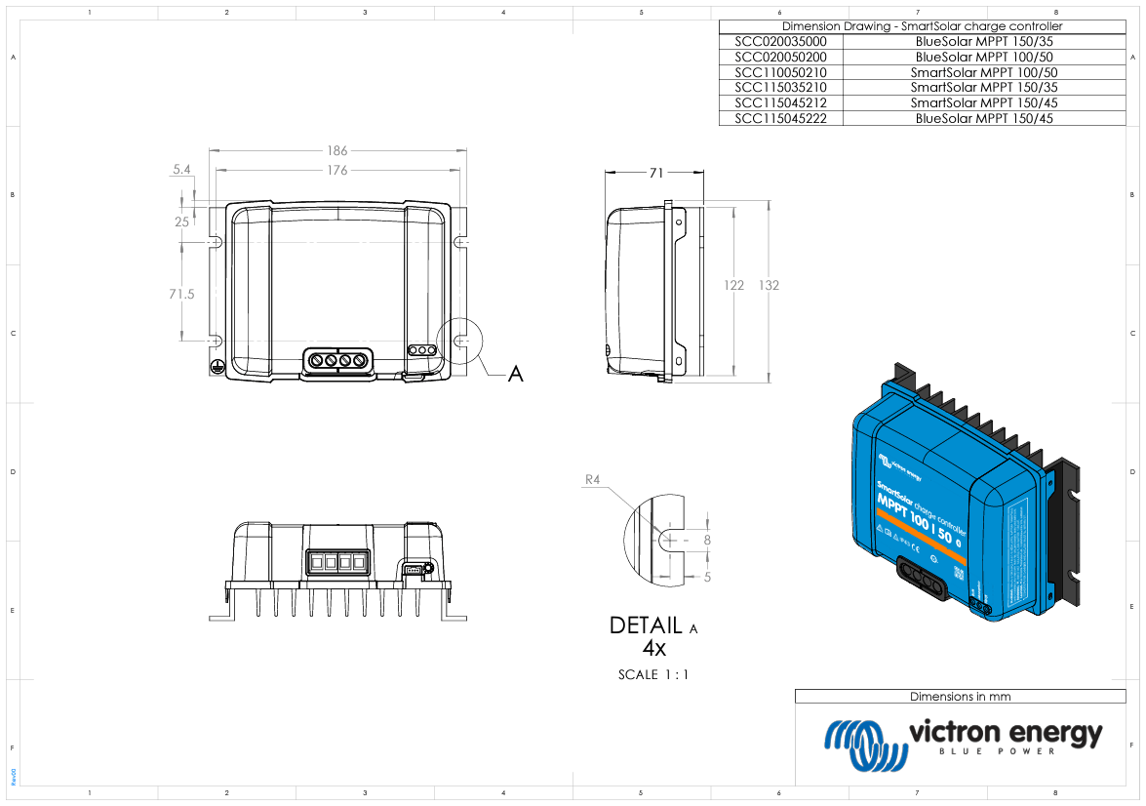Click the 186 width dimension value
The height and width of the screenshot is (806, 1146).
point(336,151)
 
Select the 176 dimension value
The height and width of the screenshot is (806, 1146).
point(336,171)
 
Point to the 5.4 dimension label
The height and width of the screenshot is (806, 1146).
point(180,170)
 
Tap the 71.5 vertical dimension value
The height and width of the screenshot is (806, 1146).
point(181,294)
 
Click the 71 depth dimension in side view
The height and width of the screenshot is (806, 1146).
point(655,173)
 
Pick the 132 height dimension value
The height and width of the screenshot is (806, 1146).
point(769,285)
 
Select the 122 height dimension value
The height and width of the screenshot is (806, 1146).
point(733,285)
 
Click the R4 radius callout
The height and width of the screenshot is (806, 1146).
point(592,479)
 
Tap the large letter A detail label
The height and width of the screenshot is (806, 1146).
point(515,374)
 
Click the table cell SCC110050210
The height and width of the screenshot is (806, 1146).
point(780,72)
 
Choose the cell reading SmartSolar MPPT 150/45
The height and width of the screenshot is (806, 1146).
point(984,102)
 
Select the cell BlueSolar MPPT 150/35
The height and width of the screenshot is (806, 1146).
point(984,42)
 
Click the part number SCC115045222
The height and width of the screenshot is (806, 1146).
point(780,118)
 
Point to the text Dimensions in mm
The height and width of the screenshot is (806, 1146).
point(960,697)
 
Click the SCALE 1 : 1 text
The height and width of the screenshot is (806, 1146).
point(652,674)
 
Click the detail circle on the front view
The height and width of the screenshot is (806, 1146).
point(460,342)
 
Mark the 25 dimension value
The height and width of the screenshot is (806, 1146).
point(181,222)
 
